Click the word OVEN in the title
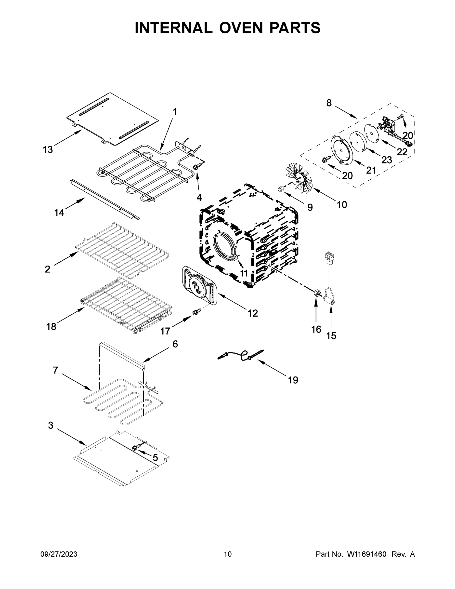pos(241,28)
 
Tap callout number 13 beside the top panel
pos(48,149)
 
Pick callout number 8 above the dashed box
pos(329,103)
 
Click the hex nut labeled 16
pos(317,293)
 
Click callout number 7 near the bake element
pos(55,370)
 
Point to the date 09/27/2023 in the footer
pos(59,554)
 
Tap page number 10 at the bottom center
pos(228,554)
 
